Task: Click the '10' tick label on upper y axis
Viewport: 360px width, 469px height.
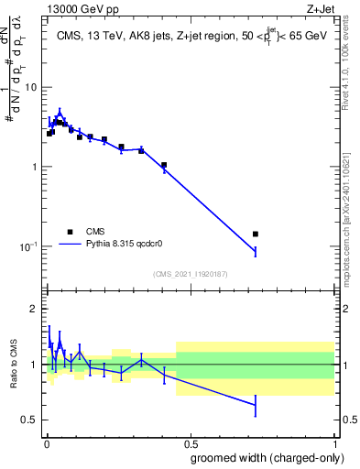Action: [x=30, y=87]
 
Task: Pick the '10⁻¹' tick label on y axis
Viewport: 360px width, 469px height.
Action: [x=27, y=246]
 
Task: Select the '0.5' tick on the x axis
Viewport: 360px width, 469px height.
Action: [x=190, y=442]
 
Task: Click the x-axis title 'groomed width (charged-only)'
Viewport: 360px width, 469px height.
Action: [x=267, y=457]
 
